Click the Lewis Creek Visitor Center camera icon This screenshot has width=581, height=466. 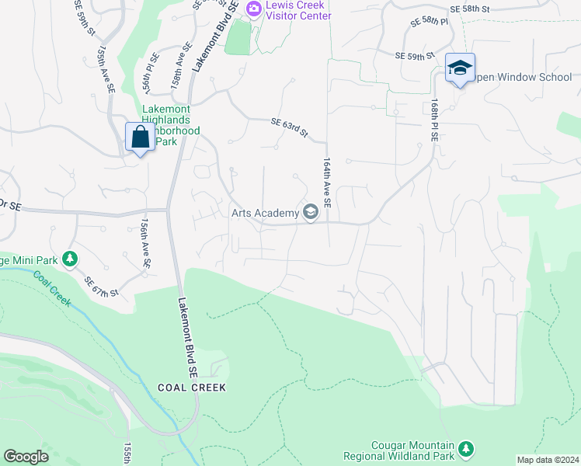coord(253,8)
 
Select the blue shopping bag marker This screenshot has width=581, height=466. coord(140,138)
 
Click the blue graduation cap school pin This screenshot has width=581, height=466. coord(460,68)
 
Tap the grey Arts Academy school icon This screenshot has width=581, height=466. coord(311,212)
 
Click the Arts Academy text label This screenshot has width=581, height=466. coord(265,213)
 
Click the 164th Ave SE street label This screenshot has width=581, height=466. coord(327,183)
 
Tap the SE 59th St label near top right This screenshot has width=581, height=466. coord(414,56)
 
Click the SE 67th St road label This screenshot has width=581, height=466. coord(102,287)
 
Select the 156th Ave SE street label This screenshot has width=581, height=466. coord(145,243)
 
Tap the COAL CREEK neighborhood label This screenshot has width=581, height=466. coord(191,387)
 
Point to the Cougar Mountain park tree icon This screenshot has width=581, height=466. coord(465,448)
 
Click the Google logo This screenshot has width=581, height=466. coord(26,457)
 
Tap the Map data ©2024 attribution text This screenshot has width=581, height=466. coord(548,460)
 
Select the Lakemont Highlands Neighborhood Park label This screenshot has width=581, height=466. coord(167,124)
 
